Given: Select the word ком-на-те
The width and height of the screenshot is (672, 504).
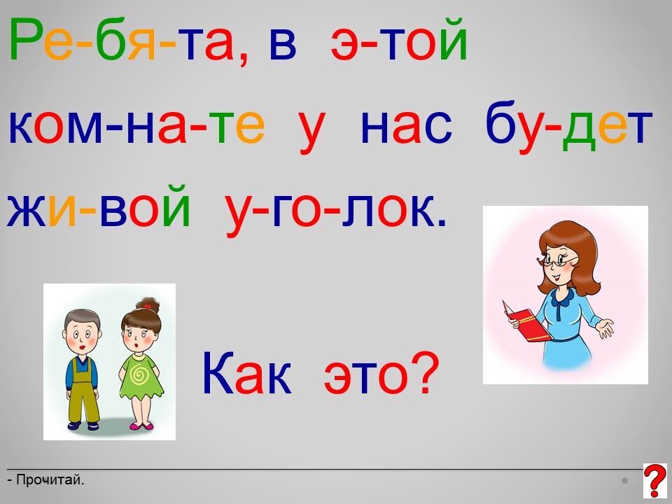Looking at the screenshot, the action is click(136, 126).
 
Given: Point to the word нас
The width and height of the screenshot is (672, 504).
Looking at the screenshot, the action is click(406, 127).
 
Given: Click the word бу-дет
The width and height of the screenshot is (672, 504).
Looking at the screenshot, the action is click(568, 125).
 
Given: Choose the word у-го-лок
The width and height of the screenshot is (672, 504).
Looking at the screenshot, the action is click(336, 211).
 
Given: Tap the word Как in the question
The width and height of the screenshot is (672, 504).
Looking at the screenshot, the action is click(247, 373).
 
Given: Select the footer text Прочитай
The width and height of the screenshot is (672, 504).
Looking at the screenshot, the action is click(50, 479).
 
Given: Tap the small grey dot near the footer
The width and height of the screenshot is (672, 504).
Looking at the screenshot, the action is click(624, 481).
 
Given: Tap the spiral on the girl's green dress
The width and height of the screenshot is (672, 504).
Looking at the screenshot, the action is click(139, 376).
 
